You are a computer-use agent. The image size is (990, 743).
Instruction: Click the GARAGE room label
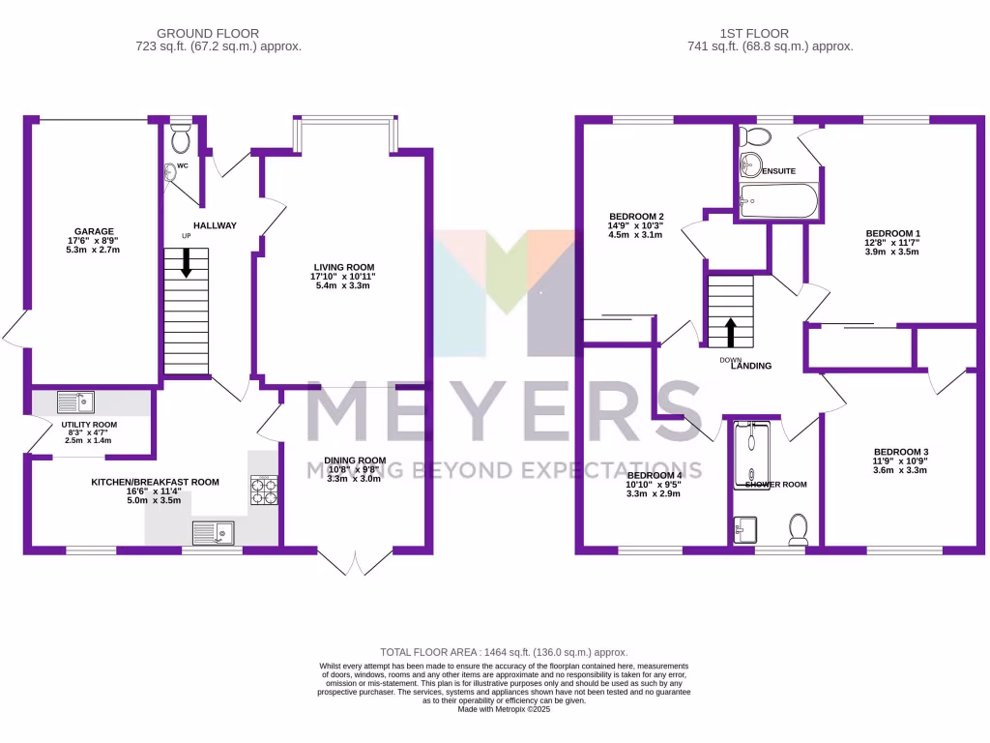92,231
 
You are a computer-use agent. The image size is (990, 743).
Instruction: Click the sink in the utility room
74,401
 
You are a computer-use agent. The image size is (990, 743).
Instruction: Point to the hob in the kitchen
265,491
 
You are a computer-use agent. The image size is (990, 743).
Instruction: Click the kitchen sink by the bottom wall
213,532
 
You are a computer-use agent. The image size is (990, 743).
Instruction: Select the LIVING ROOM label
343,267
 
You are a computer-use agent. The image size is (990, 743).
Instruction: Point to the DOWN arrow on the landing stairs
730,333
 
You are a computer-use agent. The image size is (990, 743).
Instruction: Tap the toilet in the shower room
799,528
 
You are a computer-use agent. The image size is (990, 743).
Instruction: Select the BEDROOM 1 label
891,233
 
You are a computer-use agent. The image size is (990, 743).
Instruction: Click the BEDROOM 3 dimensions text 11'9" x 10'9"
900,461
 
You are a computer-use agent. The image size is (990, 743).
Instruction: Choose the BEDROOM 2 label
636,216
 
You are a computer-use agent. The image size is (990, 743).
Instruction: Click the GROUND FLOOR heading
194,33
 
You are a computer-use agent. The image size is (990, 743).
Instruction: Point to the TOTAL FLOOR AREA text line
504,652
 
